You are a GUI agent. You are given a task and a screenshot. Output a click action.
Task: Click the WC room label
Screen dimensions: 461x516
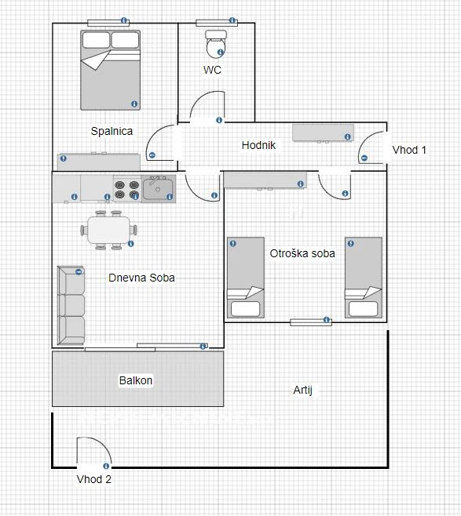coord(212,70)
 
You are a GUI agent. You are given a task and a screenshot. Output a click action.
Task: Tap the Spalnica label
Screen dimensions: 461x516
coord(112,131)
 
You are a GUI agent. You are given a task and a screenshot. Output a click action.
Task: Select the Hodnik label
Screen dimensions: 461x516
coord(258,145)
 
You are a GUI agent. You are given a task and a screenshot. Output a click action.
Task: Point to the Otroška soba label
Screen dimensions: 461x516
coord(302,253)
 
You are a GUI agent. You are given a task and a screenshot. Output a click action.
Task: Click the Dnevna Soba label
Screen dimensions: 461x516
coord(141,278)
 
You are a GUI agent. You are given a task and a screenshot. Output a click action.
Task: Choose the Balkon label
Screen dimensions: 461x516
coord(136,380)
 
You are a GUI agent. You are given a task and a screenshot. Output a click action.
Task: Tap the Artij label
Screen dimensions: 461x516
coord(303,390)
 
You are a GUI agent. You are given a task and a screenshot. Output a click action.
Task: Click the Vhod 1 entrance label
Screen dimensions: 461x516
coord(409,150)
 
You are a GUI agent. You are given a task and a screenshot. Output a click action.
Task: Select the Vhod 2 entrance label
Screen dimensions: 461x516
coord(94,479)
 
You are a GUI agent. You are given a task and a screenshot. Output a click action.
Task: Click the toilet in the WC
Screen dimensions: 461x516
coord(216,44)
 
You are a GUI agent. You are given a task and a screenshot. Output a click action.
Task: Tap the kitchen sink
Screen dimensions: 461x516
coord(159,189)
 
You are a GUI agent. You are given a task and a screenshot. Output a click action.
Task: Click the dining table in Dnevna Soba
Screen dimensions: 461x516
coord(108,230)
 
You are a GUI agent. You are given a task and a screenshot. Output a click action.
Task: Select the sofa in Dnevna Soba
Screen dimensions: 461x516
coord(71,305)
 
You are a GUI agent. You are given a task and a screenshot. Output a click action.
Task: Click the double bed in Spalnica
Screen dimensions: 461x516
coord(111,70)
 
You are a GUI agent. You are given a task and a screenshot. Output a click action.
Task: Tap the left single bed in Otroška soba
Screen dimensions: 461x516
coord(246,278)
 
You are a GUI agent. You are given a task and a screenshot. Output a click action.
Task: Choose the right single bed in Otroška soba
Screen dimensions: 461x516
coord(364,278)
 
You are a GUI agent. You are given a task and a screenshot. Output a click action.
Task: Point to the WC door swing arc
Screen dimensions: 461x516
coord(200,98)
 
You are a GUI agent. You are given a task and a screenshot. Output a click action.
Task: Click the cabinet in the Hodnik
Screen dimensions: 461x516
coord(323,133)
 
